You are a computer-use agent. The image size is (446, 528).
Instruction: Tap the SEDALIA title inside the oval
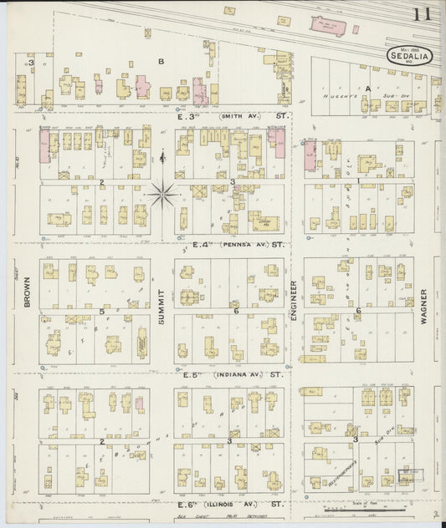(409, 57)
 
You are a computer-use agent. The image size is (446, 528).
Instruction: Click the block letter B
(161, 61)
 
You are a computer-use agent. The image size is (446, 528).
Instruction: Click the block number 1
(358, 180)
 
